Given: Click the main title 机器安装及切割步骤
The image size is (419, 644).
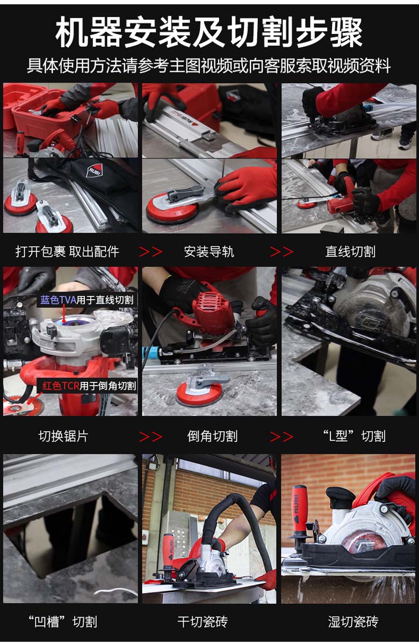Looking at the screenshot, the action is [x=209, y=32].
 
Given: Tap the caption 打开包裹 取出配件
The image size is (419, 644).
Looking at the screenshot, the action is [x=67, y=251].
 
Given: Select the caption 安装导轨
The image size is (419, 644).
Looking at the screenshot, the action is [x=209, y=251].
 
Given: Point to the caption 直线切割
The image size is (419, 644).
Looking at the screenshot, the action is [x=350, y=251].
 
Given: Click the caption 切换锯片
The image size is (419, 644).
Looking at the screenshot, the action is [x=63, y=436].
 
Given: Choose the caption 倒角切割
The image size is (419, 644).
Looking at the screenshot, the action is [x=212, y=436].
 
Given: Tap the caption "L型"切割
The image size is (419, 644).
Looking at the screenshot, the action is [x=353, y=436].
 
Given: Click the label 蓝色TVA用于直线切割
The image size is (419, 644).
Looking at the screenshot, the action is [x=87, y=300].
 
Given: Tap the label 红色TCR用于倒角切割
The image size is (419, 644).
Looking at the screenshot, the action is [x=89, y=386].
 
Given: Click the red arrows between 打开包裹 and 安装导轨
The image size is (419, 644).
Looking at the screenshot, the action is [x=151, y=251].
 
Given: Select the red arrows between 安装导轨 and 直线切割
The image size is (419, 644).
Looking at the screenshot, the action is [x=282, y=251].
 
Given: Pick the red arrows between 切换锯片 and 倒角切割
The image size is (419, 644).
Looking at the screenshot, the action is [x=151, y=437].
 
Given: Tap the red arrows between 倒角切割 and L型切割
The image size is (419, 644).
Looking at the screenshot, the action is [x=282, y=437].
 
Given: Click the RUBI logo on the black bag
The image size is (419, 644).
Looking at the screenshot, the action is [x=93, y=170].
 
